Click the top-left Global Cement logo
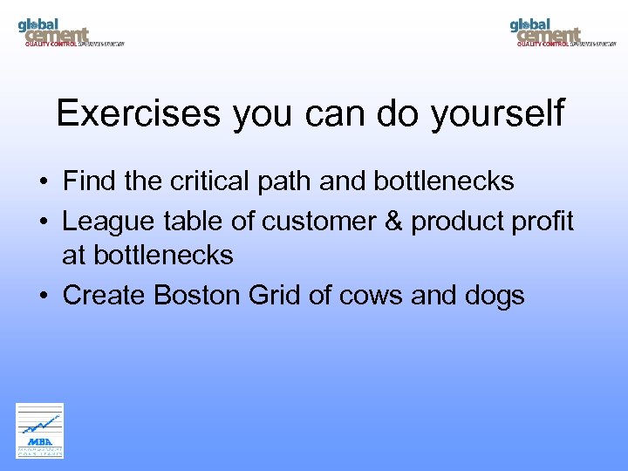click(x=70, y=32)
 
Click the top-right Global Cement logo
click(x=563, y=32)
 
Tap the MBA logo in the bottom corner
click(x=40, y=430)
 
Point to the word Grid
click(x=274, y=296)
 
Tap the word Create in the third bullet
click(x=105, y=296)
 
